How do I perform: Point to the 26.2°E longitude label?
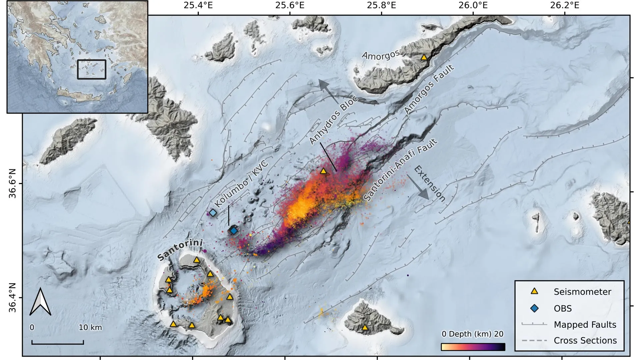coord(564,6)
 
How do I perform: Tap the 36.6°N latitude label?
coord(12,183)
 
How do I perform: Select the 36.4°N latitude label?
coord(12,298)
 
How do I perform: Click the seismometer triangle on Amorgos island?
coord(424,57)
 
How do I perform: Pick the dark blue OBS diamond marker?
coord(234,230)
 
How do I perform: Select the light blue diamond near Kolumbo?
coord(213,213)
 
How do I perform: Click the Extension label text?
coord(430,184)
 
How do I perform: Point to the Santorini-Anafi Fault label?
coord(400,170)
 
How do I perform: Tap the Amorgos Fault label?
coord(429,89)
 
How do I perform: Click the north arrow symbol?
coord(40,302)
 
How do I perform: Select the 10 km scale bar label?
coord(90,328)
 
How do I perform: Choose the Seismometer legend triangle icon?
coord(534,291)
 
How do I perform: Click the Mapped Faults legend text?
coord(585,325)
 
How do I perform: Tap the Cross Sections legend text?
coord(585,341)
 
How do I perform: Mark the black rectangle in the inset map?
coord(92,69)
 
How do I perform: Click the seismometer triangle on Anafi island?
coord(365,328)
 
